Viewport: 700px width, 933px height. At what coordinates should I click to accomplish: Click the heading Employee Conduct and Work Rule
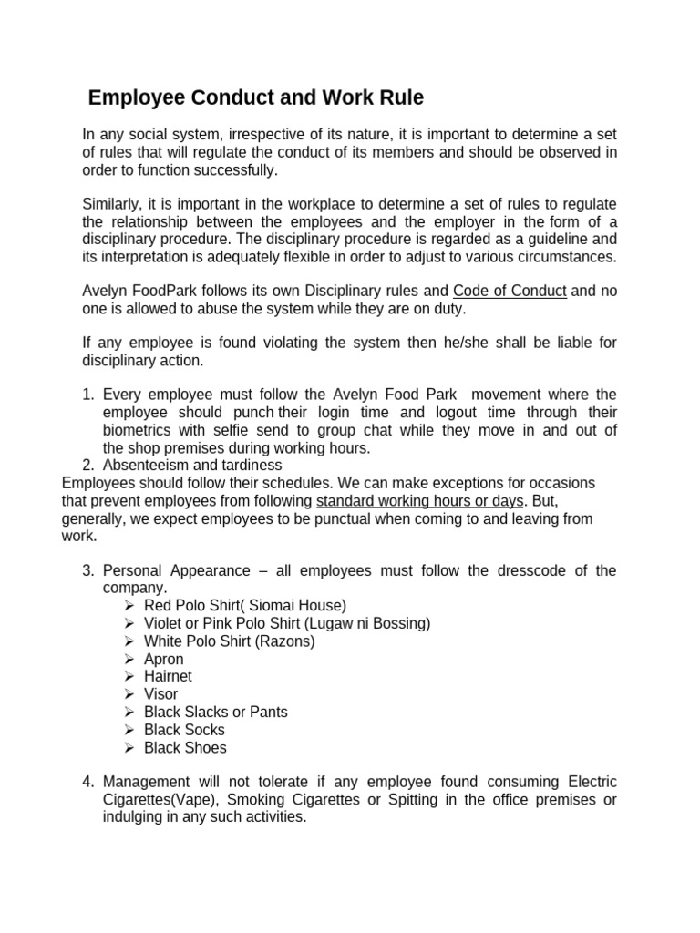tap(255, 97)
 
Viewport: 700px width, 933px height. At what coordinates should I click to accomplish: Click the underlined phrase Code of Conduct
tap(510, 292)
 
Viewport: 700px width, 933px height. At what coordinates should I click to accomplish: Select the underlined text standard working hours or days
tap(419, 501)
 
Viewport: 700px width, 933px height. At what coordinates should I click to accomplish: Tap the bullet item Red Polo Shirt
tap(244, 606)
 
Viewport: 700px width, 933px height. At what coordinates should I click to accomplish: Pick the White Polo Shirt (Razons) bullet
tap(229, 641)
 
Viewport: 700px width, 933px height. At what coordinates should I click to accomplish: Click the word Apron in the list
tap(163, 659)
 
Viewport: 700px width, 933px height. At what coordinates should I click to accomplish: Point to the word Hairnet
tap(168, 677)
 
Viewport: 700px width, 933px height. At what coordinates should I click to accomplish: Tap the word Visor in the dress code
tap(160, 694)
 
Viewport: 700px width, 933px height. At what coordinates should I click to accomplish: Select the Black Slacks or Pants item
tap(215, 713)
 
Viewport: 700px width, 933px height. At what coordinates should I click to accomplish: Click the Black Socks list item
tap(184, 730)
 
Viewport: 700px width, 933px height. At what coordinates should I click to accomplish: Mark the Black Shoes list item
tap(185, 748)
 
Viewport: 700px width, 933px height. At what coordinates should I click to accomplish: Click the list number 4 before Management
tap(88, 783)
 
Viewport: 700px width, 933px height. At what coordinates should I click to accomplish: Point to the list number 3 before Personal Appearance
tap(88, 571)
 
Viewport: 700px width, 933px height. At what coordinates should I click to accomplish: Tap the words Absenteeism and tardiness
tap(192, 466)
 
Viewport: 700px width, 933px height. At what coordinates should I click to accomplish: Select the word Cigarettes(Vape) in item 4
tap(160, 800)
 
